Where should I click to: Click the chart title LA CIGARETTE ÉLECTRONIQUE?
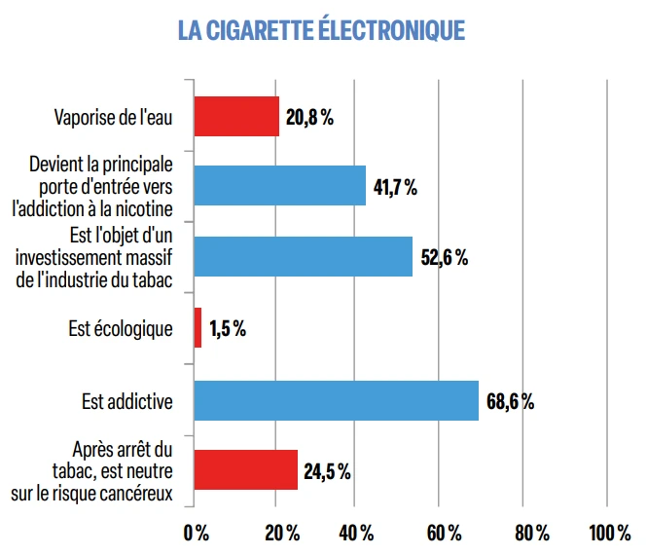coord(321,30)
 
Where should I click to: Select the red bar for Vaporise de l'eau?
coord(236,117)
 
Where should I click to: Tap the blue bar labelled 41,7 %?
coord(280,186)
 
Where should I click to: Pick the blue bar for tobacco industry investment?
coord(303,256)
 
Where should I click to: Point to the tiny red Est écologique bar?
coord(198,328)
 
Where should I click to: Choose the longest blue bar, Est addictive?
coord(337,400)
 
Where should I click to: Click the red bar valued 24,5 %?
coord(246,470)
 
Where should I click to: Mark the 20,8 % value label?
coord(310,118)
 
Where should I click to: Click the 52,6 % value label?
coord(445,258)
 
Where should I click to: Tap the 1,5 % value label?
coord(228,329)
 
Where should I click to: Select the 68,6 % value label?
coord(510,401)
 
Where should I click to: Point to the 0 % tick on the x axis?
coord(196,533)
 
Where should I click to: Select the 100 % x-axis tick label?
coord(609,533)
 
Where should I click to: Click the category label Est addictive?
coord(127,401)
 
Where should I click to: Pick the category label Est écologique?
coord(121,329)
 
